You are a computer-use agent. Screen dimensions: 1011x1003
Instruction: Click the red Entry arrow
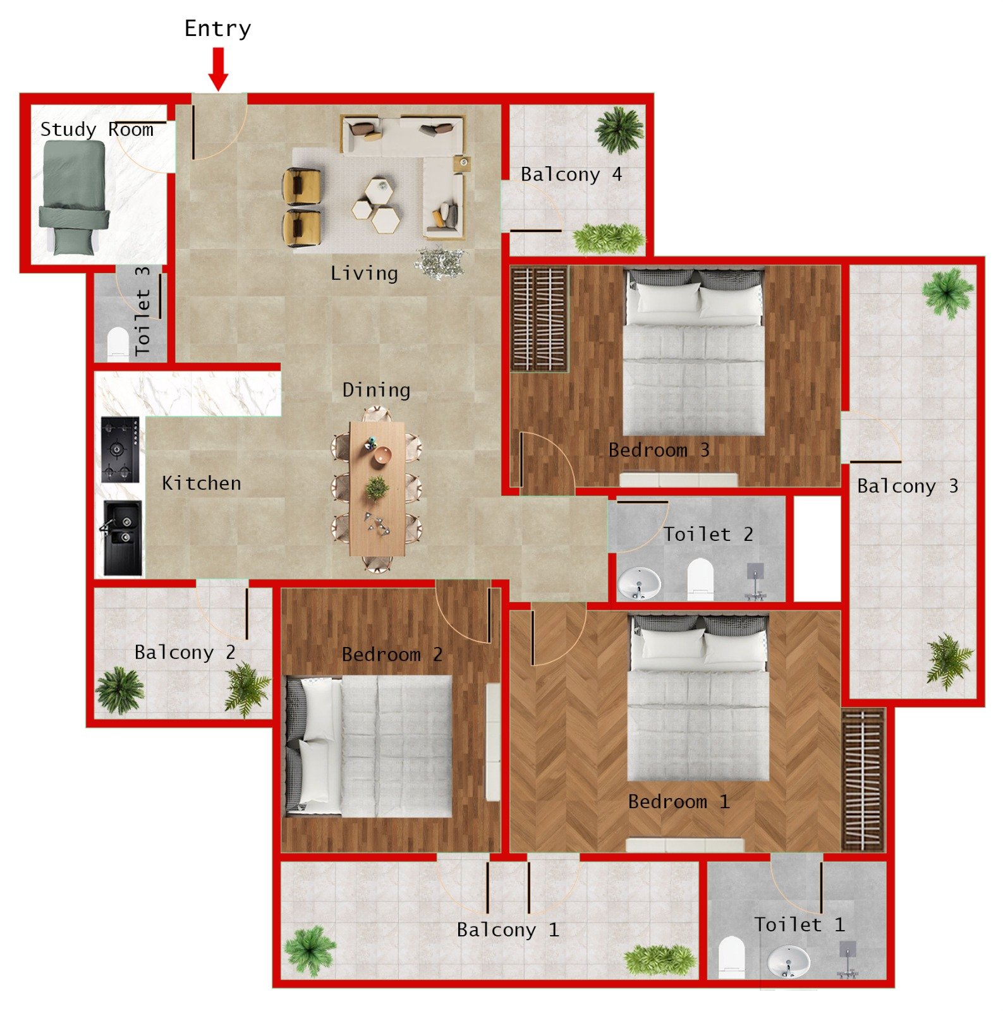218,69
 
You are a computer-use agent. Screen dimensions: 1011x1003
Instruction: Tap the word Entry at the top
217,29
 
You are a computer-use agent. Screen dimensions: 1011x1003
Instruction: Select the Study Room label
97,130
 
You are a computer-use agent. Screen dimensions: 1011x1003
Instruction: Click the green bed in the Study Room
73,196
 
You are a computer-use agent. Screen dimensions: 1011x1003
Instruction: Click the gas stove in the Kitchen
120,449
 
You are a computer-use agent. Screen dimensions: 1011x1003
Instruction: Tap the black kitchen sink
123,538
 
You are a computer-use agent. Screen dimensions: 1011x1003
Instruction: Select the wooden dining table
377,488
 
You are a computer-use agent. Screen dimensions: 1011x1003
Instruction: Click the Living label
364,274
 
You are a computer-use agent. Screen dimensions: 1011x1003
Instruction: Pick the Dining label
376,390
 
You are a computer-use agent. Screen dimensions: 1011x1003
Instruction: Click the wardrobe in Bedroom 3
538,319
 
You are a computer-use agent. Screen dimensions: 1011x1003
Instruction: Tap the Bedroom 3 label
659,450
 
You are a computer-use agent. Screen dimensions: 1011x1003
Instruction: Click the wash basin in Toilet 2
638,583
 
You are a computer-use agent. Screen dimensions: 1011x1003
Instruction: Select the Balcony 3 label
907,486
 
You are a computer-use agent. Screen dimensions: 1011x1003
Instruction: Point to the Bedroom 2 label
392,654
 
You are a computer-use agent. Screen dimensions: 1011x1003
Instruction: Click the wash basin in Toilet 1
788,960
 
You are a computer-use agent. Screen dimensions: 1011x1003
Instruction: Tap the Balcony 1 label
508,929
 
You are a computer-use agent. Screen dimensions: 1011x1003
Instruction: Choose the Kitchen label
202,483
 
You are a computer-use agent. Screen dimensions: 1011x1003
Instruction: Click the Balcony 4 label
571,174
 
